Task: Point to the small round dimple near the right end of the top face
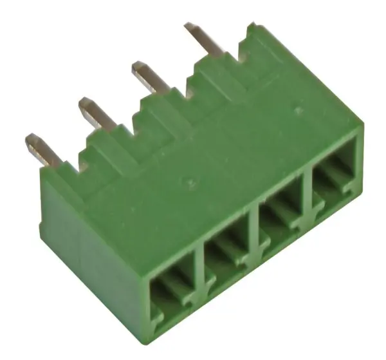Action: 297,111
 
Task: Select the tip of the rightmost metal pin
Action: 190,26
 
